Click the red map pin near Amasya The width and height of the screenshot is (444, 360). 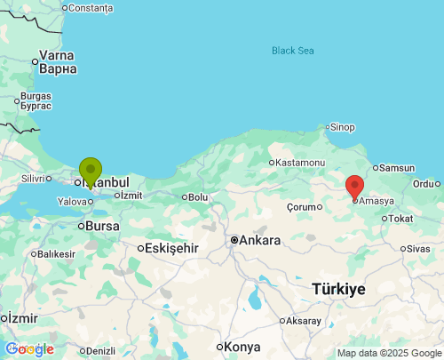click(x=354, y=187)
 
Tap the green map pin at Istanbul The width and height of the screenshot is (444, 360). click(x=90, y=170)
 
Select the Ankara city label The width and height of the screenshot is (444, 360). click(x=259, y=240)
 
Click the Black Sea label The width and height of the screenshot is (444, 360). click(x=293, y=51)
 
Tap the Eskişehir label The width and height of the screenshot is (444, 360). click(x=171, y=248)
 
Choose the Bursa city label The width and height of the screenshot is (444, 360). click(x=102, y=226)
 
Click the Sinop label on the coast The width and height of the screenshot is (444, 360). click(x=342, y=127)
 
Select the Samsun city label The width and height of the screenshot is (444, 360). click(x=397, y=167)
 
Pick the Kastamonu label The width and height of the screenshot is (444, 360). click(x=299, y=162)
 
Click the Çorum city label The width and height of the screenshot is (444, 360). click(x=302, y=206)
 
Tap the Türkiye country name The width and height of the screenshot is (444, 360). click(x=338, y=289)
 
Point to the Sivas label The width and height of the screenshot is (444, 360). click(x=417, y=249)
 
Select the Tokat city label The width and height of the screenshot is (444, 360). click(x=401, y=218)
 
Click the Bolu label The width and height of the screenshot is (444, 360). click(x=197, y=196)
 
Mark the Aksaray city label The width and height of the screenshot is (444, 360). click(x=304, y=320)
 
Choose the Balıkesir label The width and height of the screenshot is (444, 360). click(x=55, y=253)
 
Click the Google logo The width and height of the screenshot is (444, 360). click(x=29, y=349)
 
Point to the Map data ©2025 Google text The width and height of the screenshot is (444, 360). click(x=388, y=353)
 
